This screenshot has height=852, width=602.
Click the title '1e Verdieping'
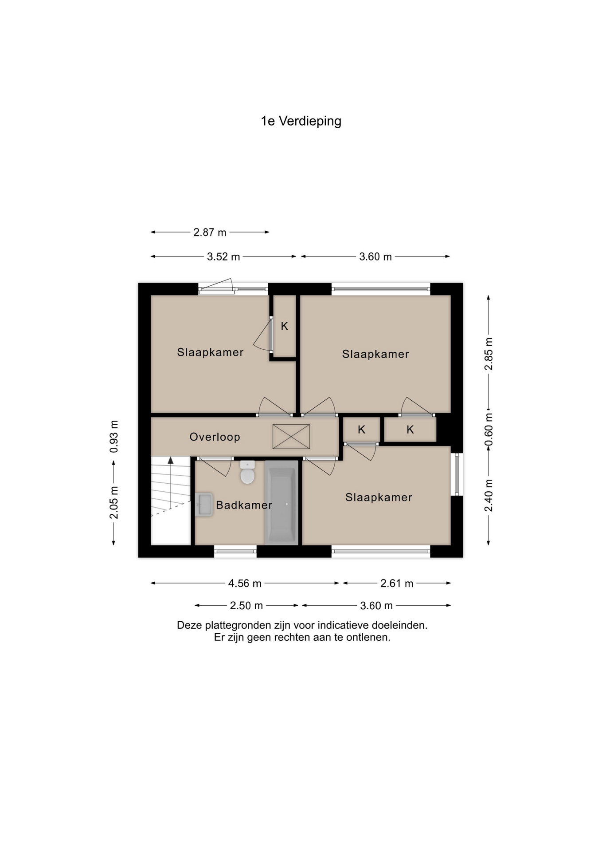[x=301, y=121]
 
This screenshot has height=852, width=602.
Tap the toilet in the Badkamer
[x=247, y=473]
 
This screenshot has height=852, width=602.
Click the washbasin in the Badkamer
[x=204, y=504]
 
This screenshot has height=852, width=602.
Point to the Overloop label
[x=215, y=437]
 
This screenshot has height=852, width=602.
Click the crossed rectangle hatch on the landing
[x=291, y=436]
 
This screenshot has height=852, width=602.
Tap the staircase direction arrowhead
[x=171, y=461]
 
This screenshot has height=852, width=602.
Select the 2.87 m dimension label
[x=210, y=233]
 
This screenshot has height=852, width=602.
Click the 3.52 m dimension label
[x=223, y=257]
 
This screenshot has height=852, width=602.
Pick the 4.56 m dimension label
[x=245, y=584]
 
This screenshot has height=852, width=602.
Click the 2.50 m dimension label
[x=246, y=606]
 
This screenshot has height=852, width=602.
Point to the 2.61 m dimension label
[x=397, y=584]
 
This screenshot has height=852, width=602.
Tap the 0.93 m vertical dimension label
[x=114, y=437]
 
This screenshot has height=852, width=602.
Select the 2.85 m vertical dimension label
[x=489, y=354]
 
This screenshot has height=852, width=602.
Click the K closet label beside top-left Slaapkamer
[x=285, y=327]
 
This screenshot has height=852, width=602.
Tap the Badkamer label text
[x=244, y=505]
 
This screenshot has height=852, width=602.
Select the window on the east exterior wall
[x=457, y=474]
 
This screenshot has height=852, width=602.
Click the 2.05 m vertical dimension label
[x=114, y=502]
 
